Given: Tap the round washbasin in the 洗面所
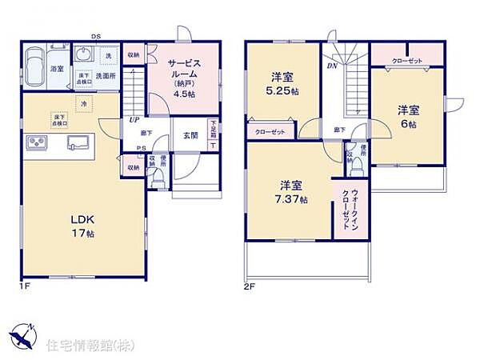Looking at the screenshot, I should coord(84,55).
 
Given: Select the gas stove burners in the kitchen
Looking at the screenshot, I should coord(37,143).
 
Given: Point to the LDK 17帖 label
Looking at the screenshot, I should coord(80,228).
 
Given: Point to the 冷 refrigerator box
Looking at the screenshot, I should coord(83,104).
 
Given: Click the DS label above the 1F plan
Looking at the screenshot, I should coord(95,37).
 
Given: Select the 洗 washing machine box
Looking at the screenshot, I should coord(107,55).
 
